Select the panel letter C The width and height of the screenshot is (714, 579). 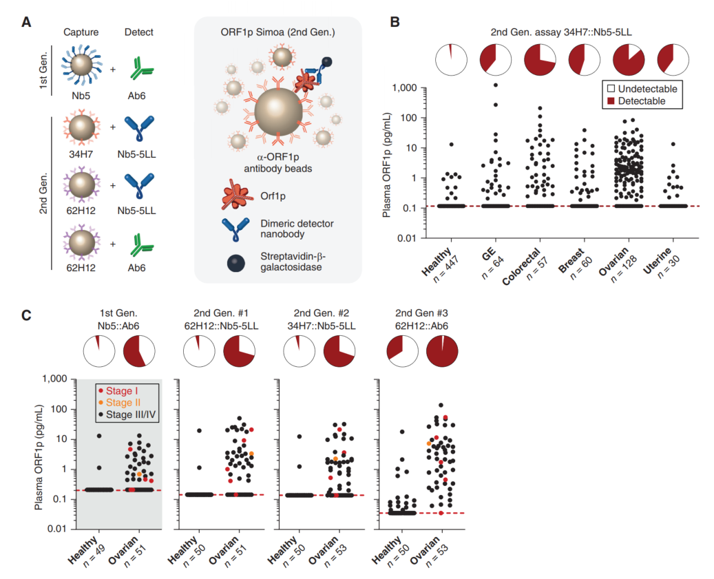(x=25, y=315)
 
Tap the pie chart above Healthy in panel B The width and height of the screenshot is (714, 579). (x=452, y=59)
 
